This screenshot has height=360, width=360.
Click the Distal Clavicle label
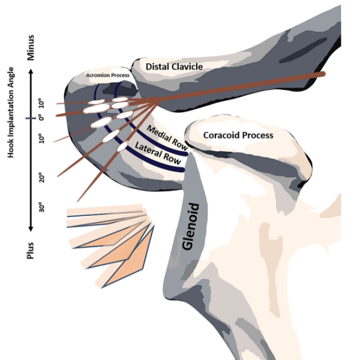coord(174,67)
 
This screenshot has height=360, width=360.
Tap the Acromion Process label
coord(107,76)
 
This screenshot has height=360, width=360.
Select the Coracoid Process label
coord(238,135)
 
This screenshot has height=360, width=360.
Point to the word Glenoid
coord(191,226)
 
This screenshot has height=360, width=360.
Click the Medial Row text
coord(167,138)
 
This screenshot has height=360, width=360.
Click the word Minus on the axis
coord(31,47)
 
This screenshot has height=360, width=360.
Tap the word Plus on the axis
coord(31,250)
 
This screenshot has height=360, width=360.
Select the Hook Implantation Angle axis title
coord(11,112)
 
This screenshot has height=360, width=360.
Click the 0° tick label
coord(41,118)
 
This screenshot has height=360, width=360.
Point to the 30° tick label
coord(41,207)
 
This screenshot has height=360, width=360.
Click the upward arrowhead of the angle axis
coord(31,71)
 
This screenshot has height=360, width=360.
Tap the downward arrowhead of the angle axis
coord(31,229)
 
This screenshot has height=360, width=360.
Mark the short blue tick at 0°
coord(31,118)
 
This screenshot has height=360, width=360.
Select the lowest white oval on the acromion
coord(122,146)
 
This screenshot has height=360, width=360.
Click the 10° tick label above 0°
coord(41,103)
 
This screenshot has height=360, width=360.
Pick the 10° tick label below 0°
coord(41,138)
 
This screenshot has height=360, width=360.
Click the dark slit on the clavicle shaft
coord(303,50)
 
